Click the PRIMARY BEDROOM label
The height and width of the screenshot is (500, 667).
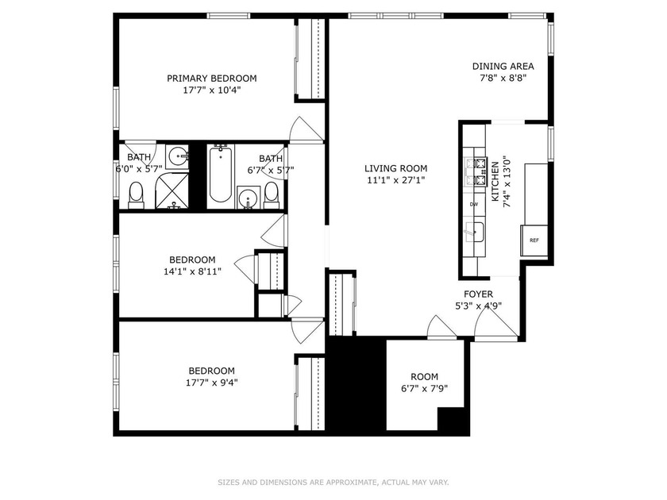pos(211,79)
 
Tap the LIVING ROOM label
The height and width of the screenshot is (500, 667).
pos(395,168)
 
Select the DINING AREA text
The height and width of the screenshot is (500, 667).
pos(503,67)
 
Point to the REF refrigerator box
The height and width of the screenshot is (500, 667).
pos(534,240)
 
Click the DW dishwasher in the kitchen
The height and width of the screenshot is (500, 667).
pos(474,204)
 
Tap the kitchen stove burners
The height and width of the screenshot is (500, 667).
pos(476,172)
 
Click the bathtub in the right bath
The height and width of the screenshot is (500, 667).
pos(221,175)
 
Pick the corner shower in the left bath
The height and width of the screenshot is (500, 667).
pos(172,191)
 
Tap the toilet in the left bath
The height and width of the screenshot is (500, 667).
pos(136,195)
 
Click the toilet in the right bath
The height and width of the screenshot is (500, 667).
pos(271,195)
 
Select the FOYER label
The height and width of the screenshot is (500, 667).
pos(479,294)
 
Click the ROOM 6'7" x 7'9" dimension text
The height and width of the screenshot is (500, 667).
pos(425,389)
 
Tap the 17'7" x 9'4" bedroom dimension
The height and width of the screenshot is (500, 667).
pos(211,383)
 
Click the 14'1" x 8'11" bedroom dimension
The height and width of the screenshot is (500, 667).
pos(193,271)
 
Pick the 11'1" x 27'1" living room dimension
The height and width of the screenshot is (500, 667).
pos(395,180)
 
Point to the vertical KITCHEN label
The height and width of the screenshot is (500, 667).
pos(495,182)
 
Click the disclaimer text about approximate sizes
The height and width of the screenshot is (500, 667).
pos(333,483)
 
